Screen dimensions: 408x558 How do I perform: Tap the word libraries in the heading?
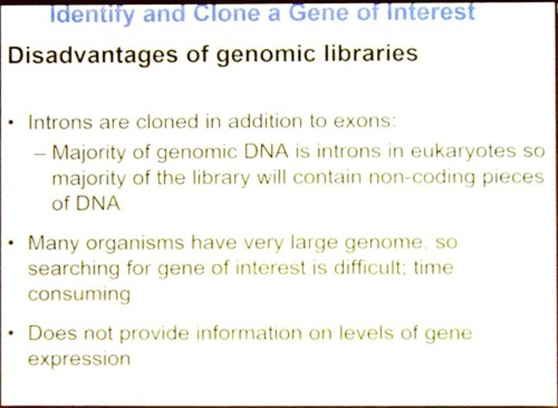[x=371, y=53]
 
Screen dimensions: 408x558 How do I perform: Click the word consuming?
[x=79, y=294]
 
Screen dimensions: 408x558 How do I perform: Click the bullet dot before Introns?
[x=12, y=123]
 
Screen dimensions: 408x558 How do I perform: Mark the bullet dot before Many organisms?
[x=12, y=244]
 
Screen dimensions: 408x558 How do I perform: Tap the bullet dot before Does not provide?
[x=12, y=334]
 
